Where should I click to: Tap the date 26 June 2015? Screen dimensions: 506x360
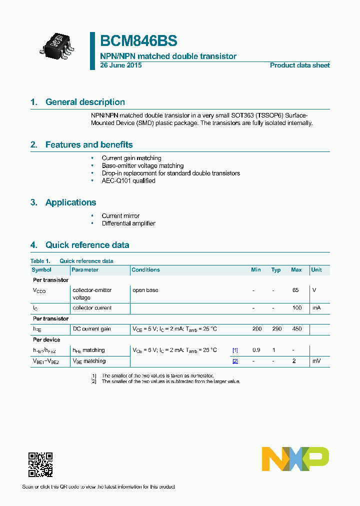pos(121,65)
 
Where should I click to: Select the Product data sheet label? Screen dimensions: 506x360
pos(299,65)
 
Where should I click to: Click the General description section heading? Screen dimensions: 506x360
pos(85,102)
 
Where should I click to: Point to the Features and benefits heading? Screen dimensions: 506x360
pos(89,144)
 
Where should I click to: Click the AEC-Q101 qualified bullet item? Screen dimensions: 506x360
pos(128,180)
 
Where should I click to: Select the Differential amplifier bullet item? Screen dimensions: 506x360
pos(128,223)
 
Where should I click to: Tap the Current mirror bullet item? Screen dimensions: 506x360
pos(120,216)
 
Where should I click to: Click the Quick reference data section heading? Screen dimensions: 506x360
pos(87,245)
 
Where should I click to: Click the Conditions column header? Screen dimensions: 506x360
pos(145,270)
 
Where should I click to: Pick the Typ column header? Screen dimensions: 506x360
pos(276,270)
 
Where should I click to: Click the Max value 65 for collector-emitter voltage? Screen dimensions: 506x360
pos(295,290)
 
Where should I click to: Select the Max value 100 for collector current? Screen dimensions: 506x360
pos(297,308)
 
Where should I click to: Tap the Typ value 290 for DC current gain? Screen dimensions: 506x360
pos(277,329)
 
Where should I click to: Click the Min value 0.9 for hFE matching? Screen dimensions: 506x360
pos(256,350)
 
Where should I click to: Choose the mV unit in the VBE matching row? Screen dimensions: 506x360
pos(316,360)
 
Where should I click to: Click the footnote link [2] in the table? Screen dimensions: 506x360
pos(235,361)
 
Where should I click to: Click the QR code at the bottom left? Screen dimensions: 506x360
pos(40,464)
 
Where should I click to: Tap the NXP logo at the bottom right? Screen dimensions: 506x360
pos(295,459)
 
